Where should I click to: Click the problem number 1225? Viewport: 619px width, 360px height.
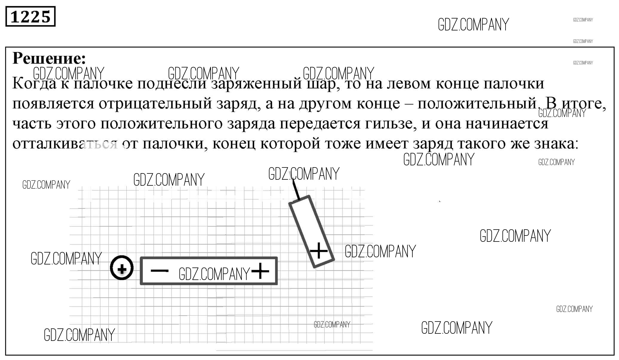pyautogui.click(x=30, y=17)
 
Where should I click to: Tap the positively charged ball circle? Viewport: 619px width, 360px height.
pyautogui.click(x=122, y=268)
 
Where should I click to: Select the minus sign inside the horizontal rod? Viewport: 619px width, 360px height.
pyautogui.click(x=159, y=271)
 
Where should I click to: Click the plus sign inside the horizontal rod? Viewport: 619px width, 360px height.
pyautogui.click(x=260, y=271)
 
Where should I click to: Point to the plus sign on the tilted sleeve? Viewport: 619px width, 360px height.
pyautogui.click(x=319, y=250)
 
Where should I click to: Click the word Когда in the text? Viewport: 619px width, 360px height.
pyautogui.click(x=34, y=84)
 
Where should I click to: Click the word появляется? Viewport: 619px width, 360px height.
pyautogui.click(x=53, y=104)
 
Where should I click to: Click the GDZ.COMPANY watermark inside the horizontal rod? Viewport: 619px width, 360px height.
pyautogui.click(x=214, y=274)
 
